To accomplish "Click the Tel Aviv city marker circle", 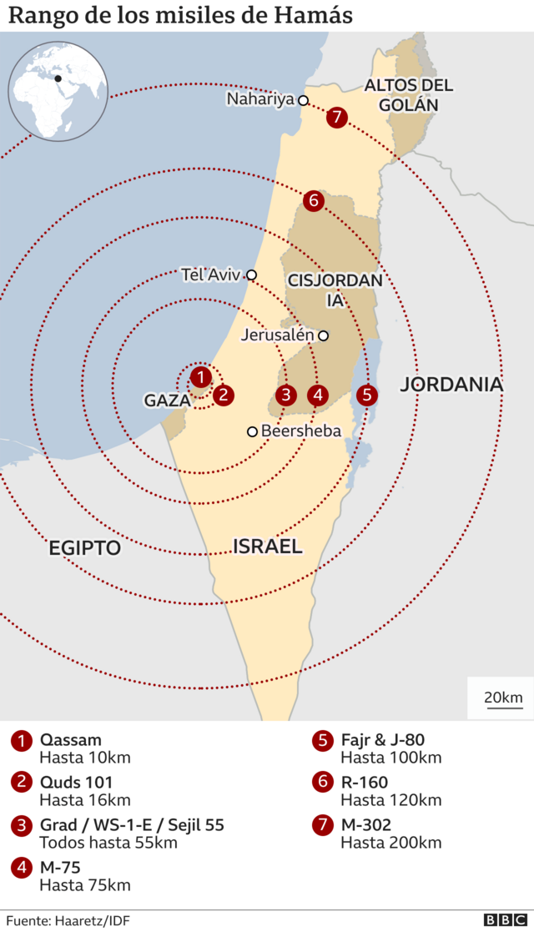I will tap(251, 275).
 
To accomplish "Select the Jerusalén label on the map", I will tap(277, 335).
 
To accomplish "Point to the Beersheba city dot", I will tap(251, 431).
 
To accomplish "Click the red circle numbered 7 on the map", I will tap(336, 117).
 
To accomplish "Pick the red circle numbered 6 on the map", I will tap(314, 200).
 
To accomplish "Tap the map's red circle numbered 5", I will tap(366, 395).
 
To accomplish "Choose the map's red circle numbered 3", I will tap(286, 395).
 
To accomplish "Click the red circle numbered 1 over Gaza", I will tap(200, 376).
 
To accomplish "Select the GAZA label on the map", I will tap(168, 401).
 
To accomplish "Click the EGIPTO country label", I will tap(84, 548).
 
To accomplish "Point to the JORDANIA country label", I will tap(451, 385).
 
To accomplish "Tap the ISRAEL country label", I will tap(267, 547).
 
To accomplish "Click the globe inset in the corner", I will tap(58, 91).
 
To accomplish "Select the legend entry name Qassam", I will tap(71, 740).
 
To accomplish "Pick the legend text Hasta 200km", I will tap(390, 843).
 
